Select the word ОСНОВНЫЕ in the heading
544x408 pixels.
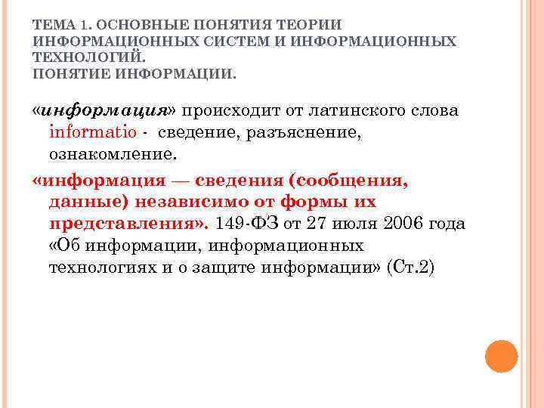(131, 25)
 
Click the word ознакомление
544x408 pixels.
(113, 154)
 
